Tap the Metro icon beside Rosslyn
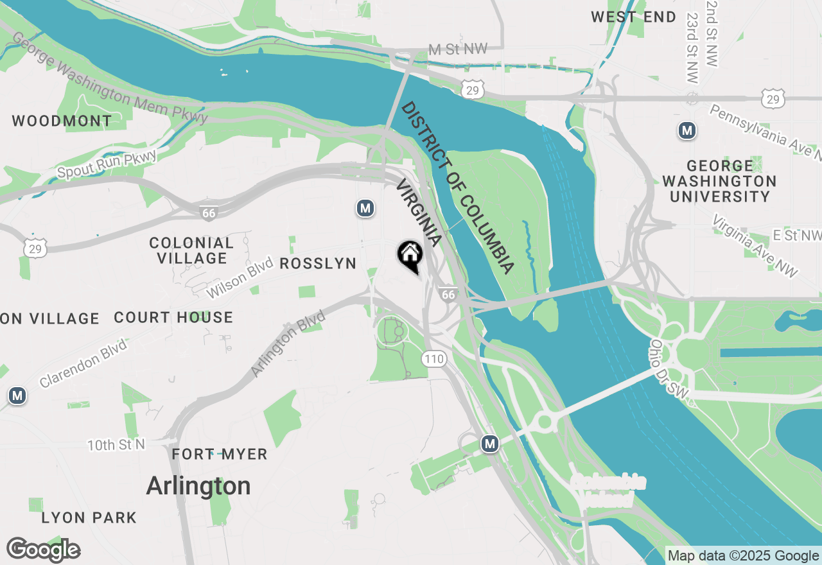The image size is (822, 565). [365, 208]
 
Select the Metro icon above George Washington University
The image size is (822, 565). [687, 131]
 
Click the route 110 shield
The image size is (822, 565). [434, 358]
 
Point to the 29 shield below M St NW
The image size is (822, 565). [472, 91]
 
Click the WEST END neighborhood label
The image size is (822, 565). [633, 17]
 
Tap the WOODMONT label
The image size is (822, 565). [62, 121]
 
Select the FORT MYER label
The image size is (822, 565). [220, 455]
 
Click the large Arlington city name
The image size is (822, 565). [198, 486]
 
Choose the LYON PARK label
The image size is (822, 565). [89, 517]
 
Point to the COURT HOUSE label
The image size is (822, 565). [173, 317]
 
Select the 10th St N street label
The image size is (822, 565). [116, 444]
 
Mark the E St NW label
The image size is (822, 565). [796, 236]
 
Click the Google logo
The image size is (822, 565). [43, 550]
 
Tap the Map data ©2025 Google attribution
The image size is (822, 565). [743, 556]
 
